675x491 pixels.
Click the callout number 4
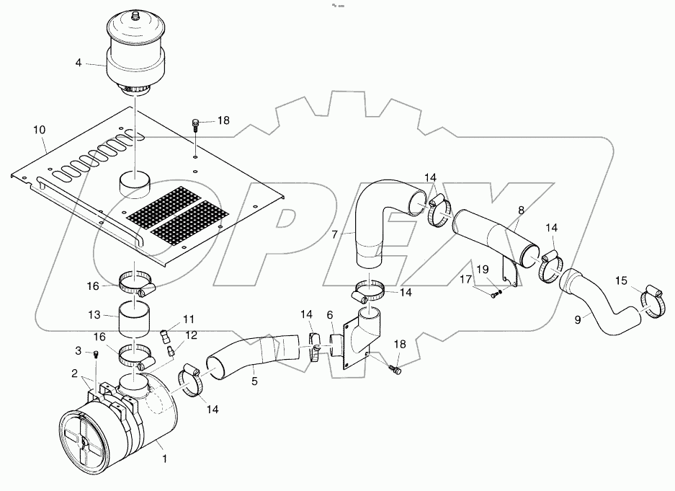[x=79, y=63]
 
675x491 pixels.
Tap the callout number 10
[x=39, y=129]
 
